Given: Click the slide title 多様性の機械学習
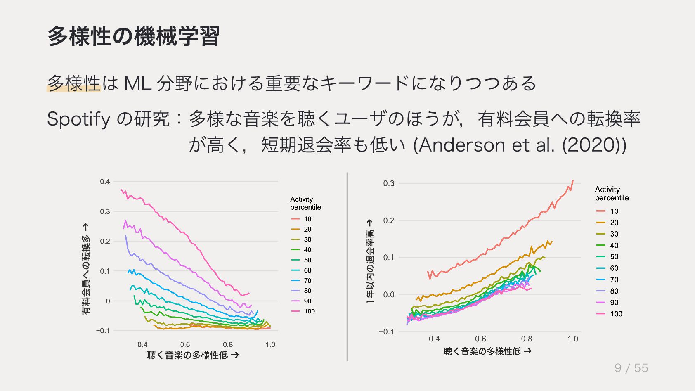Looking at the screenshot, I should click(133, 36).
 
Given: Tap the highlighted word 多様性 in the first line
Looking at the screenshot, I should click(74, 83).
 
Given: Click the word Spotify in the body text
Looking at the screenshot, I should click(78, 120).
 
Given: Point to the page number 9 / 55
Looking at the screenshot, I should click(631, 368).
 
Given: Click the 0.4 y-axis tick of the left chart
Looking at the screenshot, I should click(105, 182).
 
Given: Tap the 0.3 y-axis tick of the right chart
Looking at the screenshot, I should click(388, 184).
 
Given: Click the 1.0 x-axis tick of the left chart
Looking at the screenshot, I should click(270, 345).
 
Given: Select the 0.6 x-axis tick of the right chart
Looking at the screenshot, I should click(480, 339).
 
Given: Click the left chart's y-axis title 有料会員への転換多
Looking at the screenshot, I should click(85, 269).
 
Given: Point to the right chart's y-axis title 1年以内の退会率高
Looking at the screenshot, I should click(370, 261).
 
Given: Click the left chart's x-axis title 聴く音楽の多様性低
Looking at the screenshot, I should click(193, 355).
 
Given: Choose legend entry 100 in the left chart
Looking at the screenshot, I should click(309, 311).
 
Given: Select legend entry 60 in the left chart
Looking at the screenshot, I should click(307, 270).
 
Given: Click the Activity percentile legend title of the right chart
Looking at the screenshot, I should click(612, 194).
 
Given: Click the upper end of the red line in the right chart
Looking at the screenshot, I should click(572, 181).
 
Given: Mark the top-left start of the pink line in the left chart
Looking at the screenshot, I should click(121, 190).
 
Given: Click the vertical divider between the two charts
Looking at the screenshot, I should click(347, 267).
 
